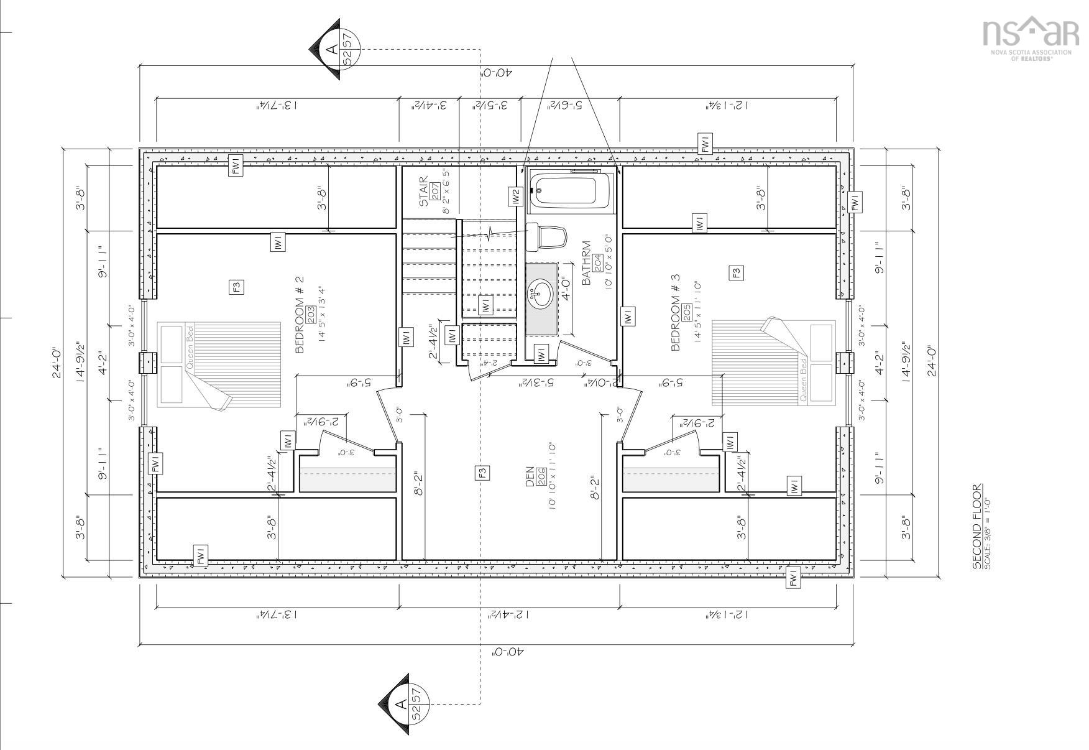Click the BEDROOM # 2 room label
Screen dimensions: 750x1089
[x=300, y=320]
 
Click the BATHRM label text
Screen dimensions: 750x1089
[x=586, y=263]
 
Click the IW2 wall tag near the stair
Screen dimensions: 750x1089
[x=515, y=197]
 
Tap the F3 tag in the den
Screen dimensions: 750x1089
[x=483, y=472]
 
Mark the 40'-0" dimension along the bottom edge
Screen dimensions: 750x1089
[x=508, y=652]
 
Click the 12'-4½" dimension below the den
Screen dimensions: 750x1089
[x=508, y=614]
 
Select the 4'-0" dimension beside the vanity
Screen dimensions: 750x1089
[x=566, y=289]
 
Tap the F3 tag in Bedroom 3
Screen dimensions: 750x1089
[x=737, y=272]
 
